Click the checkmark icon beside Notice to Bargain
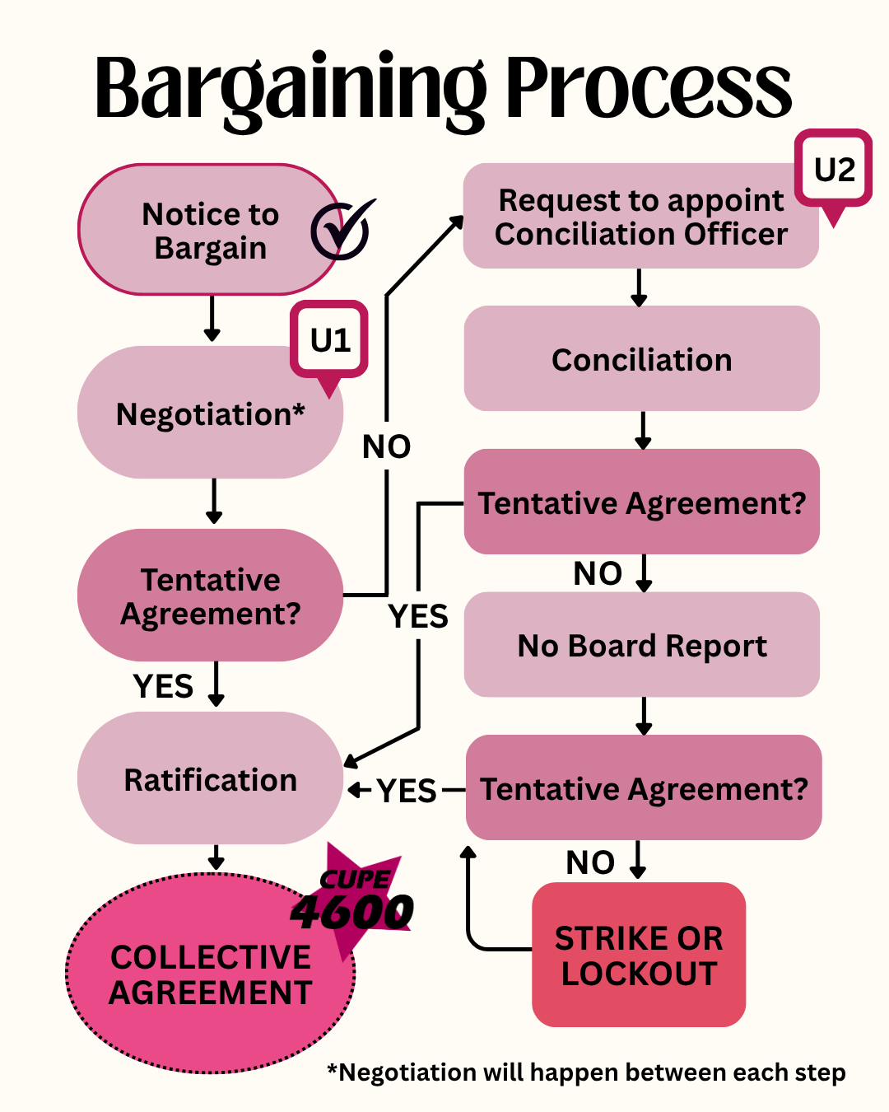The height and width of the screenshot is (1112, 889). pos(341,230)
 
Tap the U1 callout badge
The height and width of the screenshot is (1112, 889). pos(329,340)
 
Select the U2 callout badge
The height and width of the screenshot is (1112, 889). pos(834,170)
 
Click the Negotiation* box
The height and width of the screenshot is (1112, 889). pos(210,413)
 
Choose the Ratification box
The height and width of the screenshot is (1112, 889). pos(210,779)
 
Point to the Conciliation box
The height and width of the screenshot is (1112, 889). pos(642,359)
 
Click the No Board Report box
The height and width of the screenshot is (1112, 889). pos(642,645)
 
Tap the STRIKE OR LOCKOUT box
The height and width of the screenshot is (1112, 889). pos(639,955)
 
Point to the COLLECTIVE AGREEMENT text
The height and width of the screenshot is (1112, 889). pos(211,974)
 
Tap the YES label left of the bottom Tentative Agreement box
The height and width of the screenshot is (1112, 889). pos(407,791)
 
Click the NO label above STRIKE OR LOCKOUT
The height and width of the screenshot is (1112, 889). pos(590,862)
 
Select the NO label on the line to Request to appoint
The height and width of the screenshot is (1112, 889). pos(387,446)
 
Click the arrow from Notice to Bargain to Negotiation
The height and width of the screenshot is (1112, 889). pos(212,319)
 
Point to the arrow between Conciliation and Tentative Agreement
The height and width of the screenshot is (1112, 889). pos(643,431)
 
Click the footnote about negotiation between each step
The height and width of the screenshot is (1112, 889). pos(586,1072)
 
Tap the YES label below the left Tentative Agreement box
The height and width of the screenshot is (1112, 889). pos(163,686)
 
